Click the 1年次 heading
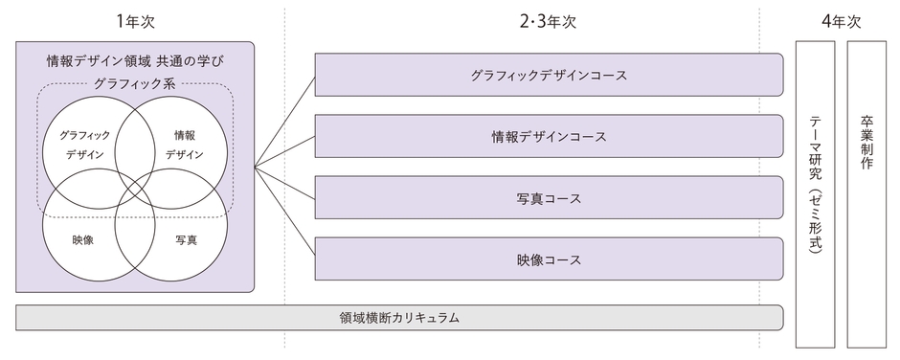(135, 20)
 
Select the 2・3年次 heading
(549, 20)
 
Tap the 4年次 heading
(841, 20)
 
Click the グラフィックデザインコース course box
(549, 75)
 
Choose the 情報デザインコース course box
(549, 137)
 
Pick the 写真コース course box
(549, 198)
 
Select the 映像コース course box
(549, 259)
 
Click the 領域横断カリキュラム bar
(400, 317)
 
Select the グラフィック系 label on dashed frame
(135, 84)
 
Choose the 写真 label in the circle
(186, 239)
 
